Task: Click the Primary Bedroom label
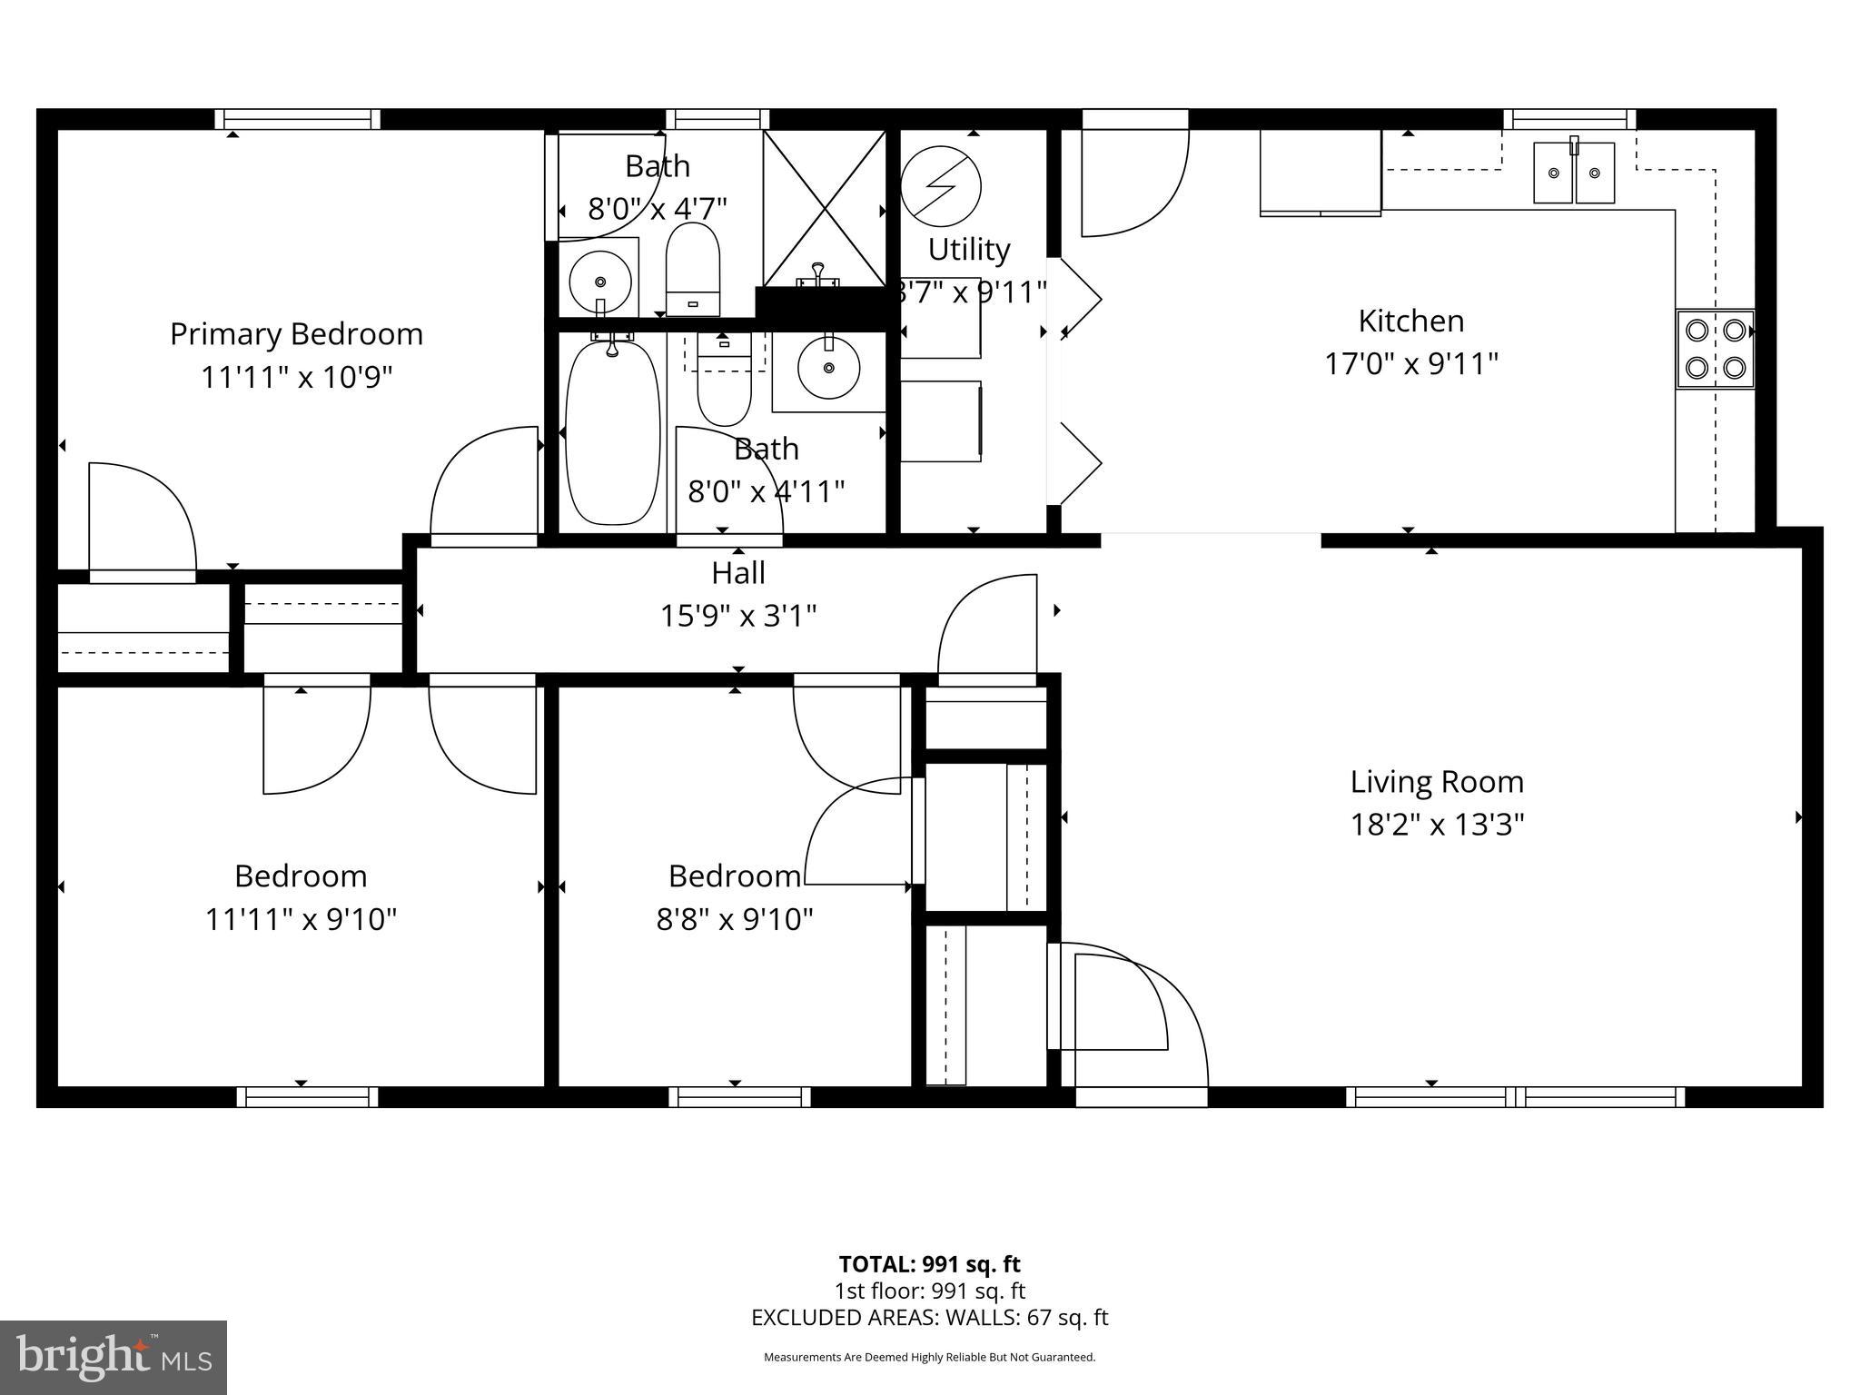pyautogui.click(x=296, y=334)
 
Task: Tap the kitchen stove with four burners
pyautogui.click(x=1715, y=349)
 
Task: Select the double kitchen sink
pyautogui.click(x=1574, y=172)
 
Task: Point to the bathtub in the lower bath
pyautogui.click(x=613, y=432)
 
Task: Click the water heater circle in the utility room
pyautogui.click(x=941, y=187)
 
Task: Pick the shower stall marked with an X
pyautogui.click(x=824, y=208)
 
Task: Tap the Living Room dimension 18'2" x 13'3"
pyautogui.click(x=1437, y=825)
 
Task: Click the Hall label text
pyautogui.click(x=737, y=573)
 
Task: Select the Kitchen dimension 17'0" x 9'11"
pyautogui.click(x=1410, y=364)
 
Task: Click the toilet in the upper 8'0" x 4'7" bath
pyautogui.click(x=693, y=269)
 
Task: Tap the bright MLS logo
pyautogui.click(x=114, y=1357)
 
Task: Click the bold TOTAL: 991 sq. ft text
pyautogui.click(x=929, y=1264)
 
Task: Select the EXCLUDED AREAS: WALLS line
pyautogui.click(x=929, y=1318)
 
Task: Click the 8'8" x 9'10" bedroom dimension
pyautogui.click(x=734, y=920)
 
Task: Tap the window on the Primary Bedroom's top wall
pyautogui.click(x=298, y=119)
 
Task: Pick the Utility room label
pyautogui.click(x=968, y=249)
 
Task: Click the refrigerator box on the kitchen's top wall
pyautogui.click(x=1320, y=172)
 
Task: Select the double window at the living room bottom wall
pyautogui.click(x=1515, y=1097)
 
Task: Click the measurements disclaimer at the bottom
pyautogui.click(x=929, y=1357)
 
